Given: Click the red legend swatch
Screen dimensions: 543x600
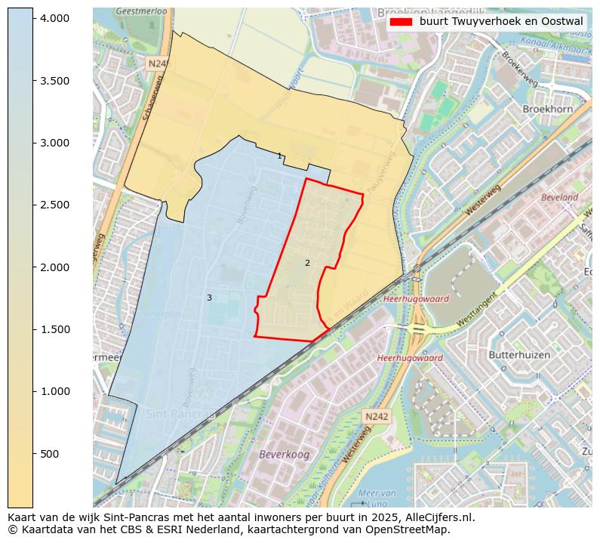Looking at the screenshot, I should (401, 22).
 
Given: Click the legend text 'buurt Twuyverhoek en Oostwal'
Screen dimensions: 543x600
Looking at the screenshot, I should (501, 22).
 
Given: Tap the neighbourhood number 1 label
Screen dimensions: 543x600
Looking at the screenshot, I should (279, 156).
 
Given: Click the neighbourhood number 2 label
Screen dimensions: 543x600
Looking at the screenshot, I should (307, 263).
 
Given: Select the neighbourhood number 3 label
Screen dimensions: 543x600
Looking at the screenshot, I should (209, 298).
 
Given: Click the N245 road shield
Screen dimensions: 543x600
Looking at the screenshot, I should (157, 65).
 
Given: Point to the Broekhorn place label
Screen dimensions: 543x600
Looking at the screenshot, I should (547, 110).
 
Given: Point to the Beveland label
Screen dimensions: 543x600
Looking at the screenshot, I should (559, 198).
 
